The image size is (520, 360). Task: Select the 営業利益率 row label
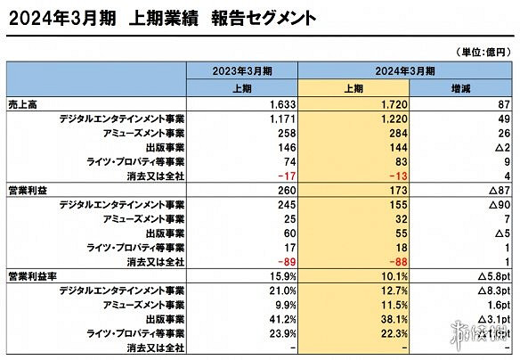click(30, 277)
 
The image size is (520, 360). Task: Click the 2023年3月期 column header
click(242, 71)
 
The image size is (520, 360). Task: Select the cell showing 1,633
click(281, 105)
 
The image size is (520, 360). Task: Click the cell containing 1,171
click(281, 119)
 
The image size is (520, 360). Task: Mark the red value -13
click(401, 176)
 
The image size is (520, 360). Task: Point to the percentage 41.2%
click(282, 319)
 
